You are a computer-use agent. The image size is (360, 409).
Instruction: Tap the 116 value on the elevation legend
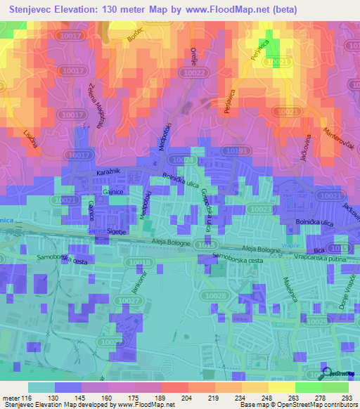27,397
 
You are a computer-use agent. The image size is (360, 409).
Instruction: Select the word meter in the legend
11,397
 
